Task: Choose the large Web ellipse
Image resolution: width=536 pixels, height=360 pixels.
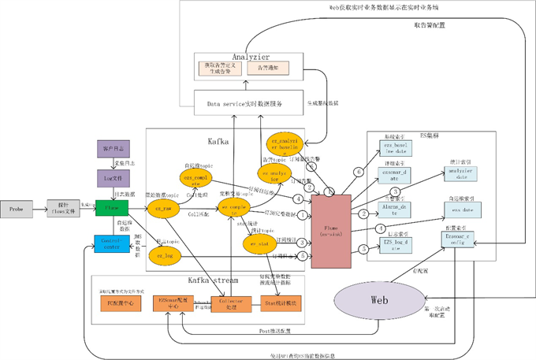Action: [x=378, y=302]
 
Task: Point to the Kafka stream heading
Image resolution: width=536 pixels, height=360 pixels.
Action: [x=198, y=281]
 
